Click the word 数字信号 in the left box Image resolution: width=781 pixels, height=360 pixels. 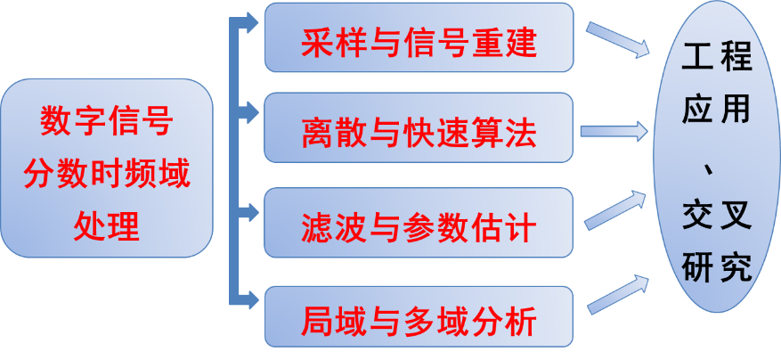[x=106, y=122]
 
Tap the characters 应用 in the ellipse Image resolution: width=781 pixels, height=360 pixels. [x=717, y=110]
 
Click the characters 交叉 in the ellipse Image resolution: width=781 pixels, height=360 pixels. [x=717, y=215]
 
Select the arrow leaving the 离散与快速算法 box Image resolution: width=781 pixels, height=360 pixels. [x=614, y=131]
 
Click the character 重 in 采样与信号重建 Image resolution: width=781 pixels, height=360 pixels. [x=486, y=39]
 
